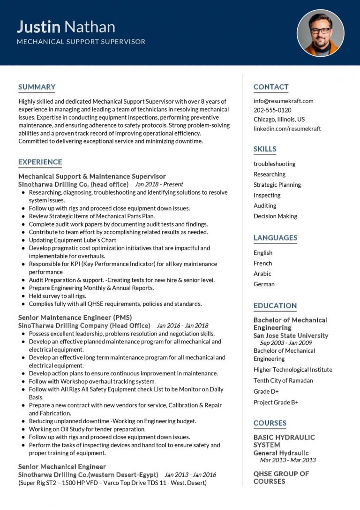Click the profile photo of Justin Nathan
point(320,33)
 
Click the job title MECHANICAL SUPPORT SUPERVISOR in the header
point(81,42)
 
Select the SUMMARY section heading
point(37,87)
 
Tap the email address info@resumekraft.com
point(283,101)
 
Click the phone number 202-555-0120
point(272,110)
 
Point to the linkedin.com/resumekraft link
point(287,129)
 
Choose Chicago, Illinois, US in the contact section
point(279,119)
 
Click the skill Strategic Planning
point(277,185)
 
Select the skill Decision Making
point(275,216)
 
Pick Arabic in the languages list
point(262,274)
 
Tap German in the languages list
point(264,284)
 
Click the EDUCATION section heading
point(275,306)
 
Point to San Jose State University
point(291,336)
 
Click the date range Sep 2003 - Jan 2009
point(286,343)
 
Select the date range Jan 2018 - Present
point(159,184)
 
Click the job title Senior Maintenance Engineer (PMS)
point(75,318)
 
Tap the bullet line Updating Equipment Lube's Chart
point(73,240)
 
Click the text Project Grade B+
point(276,403)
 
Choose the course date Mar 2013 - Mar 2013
point(288,460)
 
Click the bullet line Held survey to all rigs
point(58,296)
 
